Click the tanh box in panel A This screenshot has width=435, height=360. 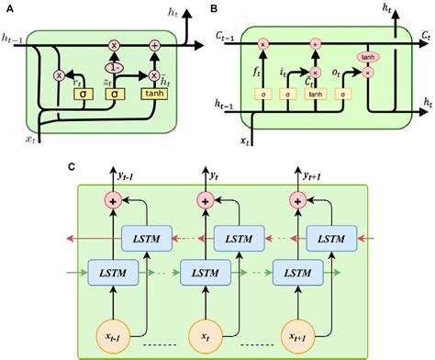[154, 93]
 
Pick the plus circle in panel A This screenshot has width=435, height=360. [153, 45]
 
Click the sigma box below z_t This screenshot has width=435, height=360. [115, 93]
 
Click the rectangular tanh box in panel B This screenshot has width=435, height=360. [317, 93]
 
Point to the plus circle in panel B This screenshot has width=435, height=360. [316, 42]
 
